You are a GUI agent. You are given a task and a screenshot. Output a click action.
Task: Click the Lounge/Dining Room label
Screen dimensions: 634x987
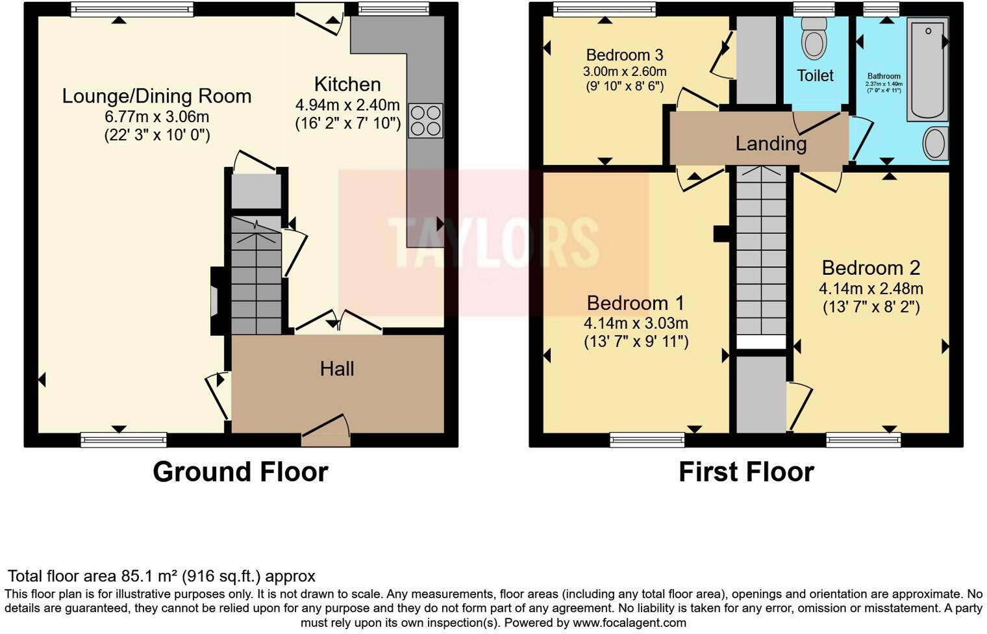[156, 96]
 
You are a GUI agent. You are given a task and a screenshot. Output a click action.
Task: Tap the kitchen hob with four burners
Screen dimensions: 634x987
[425, 121]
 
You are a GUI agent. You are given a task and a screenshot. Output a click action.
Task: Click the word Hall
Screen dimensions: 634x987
[337, 369]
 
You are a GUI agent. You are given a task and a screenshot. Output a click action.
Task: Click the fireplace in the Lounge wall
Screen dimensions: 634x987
[216, 301]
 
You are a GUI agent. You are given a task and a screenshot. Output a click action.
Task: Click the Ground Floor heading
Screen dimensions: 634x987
[240, 472]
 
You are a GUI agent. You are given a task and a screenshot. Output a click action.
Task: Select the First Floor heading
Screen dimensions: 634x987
[746, 472]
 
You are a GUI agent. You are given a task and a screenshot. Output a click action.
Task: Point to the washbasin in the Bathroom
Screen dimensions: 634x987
[935, 144]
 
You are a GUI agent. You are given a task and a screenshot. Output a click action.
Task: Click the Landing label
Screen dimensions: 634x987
[771, 143]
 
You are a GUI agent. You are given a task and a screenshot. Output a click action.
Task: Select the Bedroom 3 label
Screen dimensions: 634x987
[624, 55]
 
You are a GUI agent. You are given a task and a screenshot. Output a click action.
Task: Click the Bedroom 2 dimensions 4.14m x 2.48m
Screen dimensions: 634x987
[871, 288]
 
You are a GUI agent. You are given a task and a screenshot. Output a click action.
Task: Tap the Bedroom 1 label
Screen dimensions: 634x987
[636, 303]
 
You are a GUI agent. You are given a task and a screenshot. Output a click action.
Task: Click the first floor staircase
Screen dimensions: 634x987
[760, 253]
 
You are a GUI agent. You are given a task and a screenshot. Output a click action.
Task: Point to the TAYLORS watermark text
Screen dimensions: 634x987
[494, 242]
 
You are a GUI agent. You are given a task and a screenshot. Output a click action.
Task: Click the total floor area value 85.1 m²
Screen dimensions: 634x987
[149, 576]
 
